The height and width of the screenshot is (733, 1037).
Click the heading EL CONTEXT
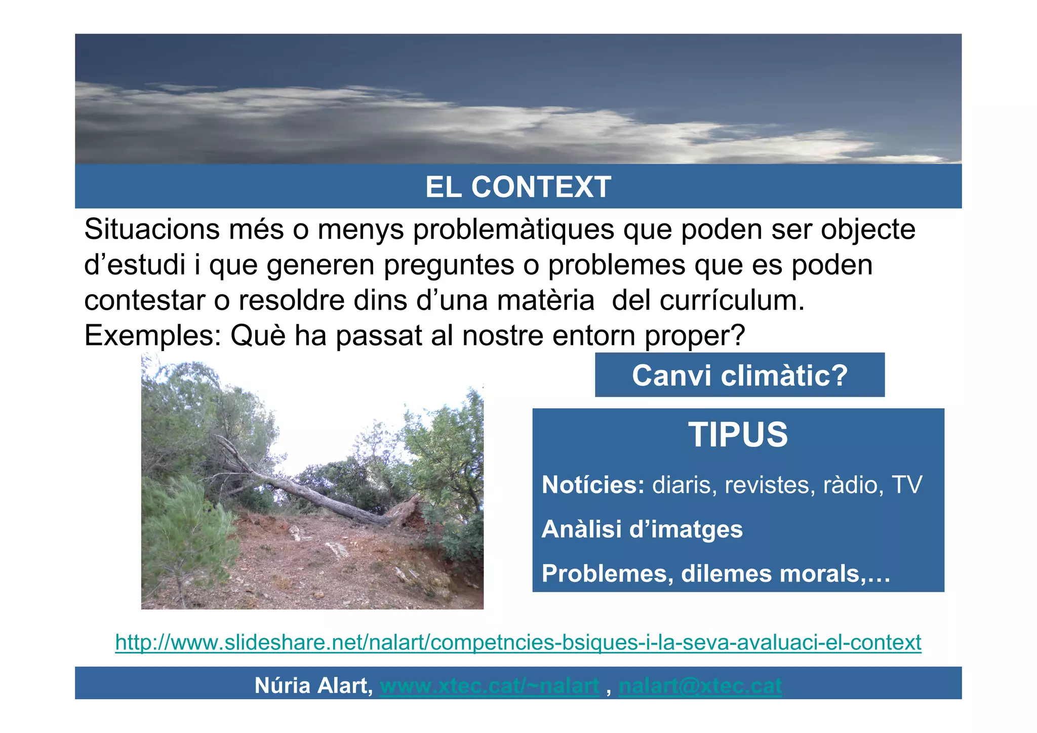[518, 187]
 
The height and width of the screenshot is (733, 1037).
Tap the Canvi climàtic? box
[739, 375]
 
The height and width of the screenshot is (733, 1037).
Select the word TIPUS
[738, 435]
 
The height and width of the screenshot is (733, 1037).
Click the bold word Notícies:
[593, 485]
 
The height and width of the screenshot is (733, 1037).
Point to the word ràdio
[850, 485]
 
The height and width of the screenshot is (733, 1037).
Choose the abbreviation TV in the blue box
[907, 485]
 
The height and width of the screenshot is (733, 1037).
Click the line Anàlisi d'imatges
[642, 529]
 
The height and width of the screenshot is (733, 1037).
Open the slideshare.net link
[518, 642]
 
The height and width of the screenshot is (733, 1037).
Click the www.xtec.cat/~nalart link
[489, 685]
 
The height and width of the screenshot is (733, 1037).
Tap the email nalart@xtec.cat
[700, 685]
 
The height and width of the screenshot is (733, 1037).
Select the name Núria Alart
[313, 685]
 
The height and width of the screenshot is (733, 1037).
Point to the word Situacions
[151, 229]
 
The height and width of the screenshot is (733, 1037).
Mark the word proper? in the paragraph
[695, 336]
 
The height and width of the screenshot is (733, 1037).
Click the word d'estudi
[135, 265]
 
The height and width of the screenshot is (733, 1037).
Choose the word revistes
[770, 485]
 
